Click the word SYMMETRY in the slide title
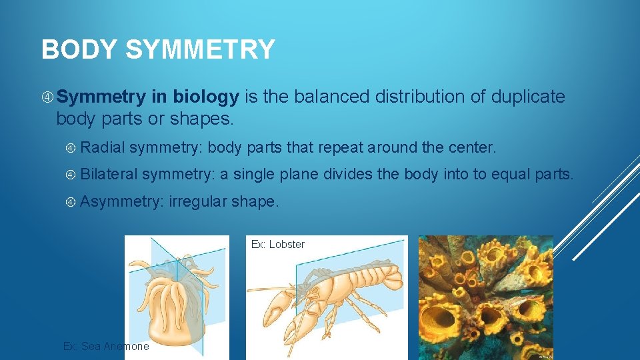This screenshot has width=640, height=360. coord(200,50)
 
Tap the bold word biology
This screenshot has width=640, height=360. coord(205,97)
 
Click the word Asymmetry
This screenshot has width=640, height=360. coord(123,201)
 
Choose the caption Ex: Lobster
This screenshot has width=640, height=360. coord(277,245)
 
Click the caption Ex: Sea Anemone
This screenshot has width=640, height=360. coord(106,347)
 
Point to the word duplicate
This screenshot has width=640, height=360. coord(528,97)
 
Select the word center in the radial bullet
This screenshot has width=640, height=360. coord(473,147)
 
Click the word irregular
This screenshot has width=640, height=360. coord(198,201)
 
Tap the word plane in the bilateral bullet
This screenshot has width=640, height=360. coord(299,174)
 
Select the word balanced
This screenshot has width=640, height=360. coord(327,97)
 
